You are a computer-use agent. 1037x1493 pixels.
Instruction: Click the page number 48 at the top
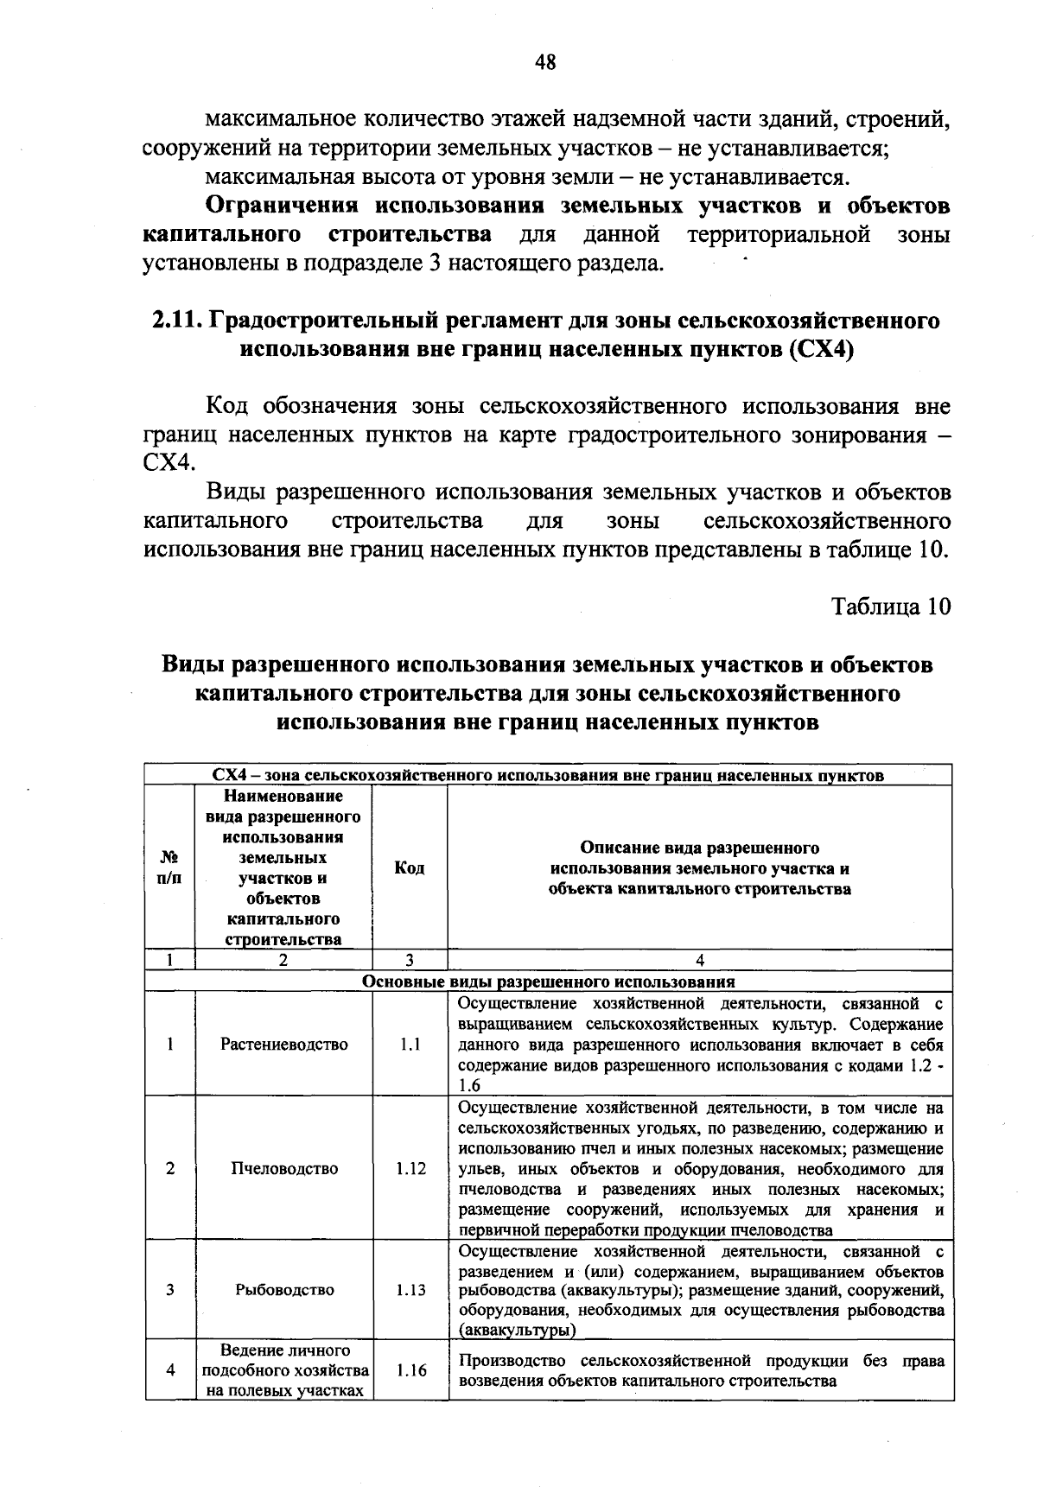545,61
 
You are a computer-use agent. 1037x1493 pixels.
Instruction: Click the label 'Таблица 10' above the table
891,607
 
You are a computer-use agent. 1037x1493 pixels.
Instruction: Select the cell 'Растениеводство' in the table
284,1044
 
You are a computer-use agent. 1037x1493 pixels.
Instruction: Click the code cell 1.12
410,1168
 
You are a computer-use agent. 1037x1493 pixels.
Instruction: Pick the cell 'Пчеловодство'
284,1168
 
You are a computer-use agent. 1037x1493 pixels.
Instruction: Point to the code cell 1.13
410,1290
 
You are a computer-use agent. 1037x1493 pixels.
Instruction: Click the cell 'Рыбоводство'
284,1290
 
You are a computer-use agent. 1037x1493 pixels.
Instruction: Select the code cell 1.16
410,1370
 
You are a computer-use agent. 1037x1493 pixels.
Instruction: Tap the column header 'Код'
410,867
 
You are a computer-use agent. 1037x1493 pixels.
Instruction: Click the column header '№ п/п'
170,867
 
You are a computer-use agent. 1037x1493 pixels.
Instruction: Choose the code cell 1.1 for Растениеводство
410,1044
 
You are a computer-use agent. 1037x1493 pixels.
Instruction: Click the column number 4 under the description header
700,960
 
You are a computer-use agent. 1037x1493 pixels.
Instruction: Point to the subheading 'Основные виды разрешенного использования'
548,982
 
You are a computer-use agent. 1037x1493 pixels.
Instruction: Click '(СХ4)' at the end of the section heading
822,350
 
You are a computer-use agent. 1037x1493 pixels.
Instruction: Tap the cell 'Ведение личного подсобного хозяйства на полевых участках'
284,1370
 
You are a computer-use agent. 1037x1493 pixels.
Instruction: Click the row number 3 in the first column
170,1290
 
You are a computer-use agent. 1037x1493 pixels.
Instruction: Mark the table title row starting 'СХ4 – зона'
548,775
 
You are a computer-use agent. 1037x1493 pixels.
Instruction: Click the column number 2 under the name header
283,960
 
